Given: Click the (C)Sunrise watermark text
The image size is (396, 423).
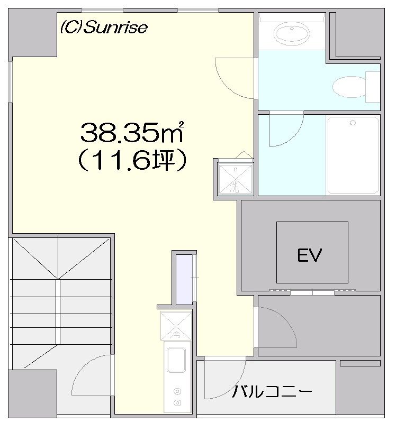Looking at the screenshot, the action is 104,27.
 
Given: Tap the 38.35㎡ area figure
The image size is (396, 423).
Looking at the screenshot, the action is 132,132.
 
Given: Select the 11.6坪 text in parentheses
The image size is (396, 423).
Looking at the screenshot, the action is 132,160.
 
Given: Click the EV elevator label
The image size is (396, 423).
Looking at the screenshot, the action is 310,255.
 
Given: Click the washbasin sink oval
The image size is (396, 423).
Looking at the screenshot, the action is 292,33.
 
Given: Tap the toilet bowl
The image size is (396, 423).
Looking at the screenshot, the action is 349,87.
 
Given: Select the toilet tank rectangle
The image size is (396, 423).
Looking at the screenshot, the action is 373,87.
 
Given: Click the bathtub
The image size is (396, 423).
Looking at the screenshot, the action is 353,155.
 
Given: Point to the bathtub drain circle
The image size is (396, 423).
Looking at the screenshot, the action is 353,123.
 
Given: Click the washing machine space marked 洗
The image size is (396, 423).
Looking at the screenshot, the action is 236,179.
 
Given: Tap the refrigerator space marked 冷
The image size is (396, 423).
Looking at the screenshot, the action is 176,326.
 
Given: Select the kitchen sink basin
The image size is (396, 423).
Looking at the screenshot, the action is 176,360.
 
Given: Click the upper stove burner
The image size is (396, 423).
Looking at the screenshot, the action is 177,391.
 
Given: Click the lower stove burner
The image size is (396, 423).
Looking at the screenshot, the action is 177,403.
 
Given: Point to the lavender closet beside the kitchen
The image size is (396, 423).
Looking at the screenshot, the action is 184,280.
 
